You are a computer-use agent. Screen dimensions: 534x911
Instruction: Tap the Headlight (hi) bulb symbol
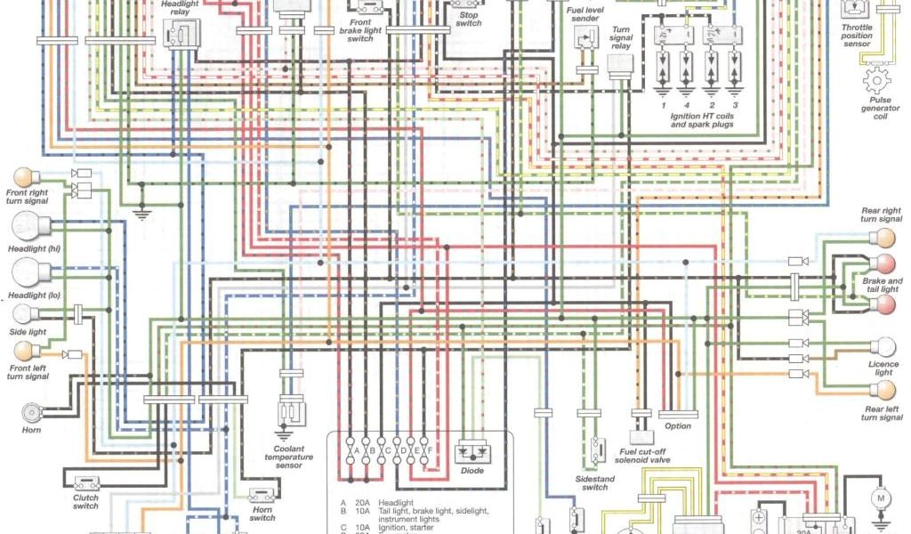pyautogui.click(x=24, y=230)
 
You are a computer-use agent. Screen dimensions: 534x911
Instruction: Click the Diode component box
pyautogui.click(x=472, y=451)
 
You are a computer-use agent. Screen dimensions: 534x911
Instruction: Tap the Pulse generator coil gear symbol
pyautogui.click(x=876, y=83)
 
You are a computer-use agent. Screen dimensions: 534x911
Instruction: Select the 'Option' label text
pyautogui.click(x=678, y=425)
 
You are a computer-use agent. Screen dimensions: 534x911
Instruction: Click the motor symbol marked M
pyautogui.click(x=881, y=498)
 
